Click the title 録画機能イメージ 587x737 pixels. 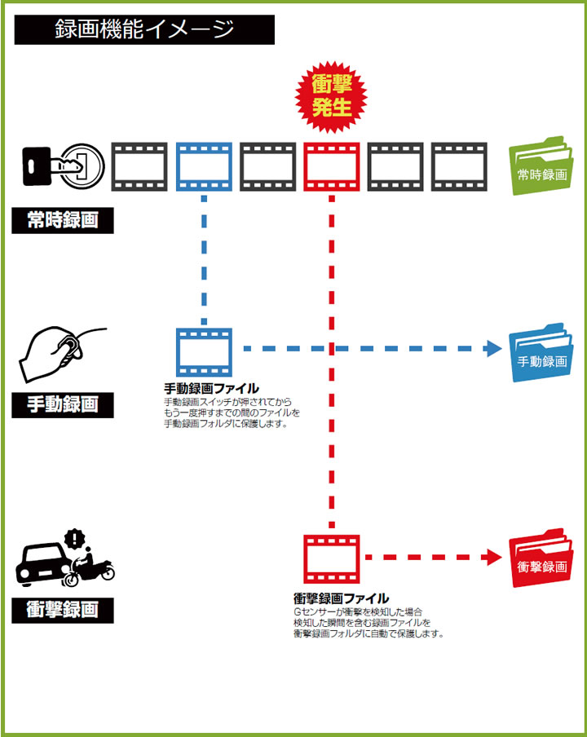tap(143, 29)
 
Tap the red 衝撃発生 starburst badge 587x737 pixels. tap(332, 97)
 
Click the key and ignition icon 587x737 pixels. tap(62, 166)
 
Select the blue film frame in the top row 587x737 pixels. tap(204, 166)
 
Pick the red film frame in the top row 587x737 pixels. tap(332, 166)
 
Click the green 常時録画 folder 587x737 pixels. tap(539, 169)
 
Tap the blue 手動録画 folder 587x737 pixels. tap(539, 355)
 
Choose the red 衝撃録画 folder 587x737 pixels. tap(539, 560)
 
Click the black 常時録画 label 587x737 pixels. tap(62, 220)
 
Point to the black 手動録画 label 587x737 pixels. tap(62, 404)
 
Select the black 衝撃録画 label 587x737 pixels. tap(62, 610)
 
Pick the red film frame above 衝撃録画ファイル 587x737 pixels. tap(332, 558)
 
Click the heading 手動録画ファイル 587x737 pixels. tap(211, 388)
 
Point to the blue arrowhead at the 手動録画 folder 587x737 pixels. tap(493, 349)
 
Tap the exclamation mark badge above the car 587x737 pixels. tap(76, 538)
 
